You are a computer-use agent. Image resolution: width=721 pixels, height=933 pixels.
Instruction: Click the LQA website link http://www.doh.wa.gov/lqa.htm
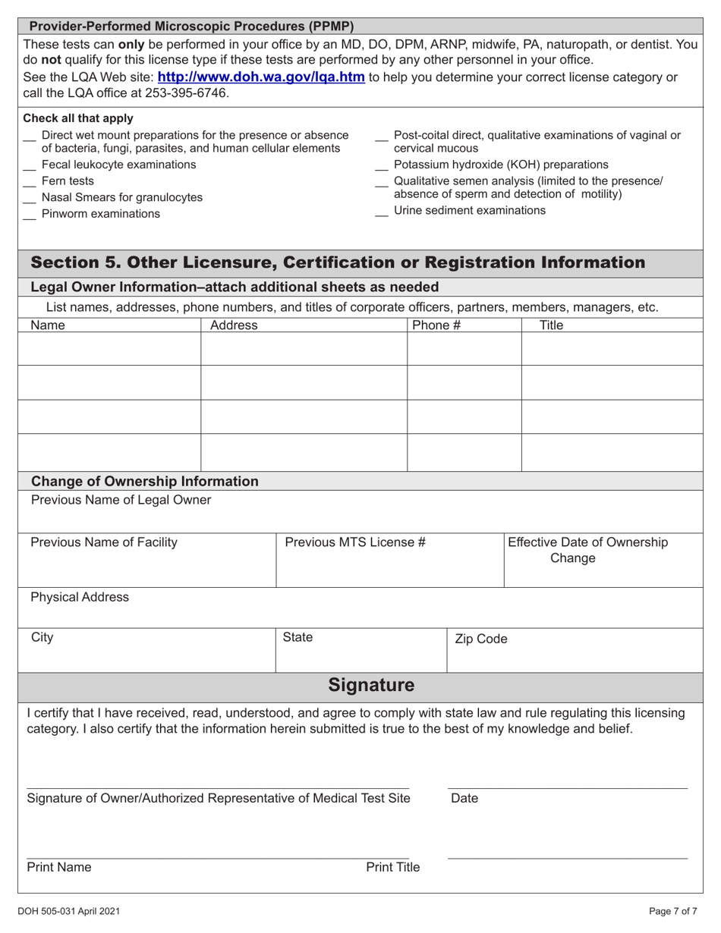[x=260, y=77]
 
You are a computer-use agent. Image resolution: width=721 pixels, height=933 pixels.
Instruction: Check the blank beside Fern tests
[x=30, y=182]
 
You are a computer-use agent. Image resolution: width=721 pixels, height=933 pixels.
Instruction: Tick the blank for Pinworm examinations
[x=30, y=215]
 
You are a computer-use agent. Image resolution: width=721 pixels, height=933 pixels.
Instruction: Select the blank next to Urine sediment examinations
[x=382, y=212]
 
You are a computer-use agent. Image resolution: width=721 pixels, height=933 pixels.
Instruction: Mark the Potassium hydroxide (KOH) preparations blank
[x=382, y=165]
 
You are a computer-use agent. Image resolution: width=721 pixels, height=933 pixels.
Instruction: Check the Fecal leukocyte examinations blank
[x=30, y=165]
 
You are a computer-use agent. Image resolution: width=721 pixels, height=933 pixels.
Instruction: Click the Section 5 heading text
[x=338, y=262]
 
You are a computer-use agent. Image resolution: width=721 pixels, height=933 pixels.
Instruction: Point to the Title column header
[x=551, y=325]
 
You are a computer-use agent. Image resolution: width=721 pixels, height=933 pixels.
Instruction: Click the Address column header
[x=234, y=325]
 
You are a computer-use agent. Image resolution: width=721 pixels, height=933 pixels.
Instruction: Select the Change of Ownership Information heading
[x=144, y=482]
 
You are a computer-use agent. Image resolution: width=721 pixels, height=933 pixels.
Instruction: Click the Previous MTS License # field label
[x=354, y=542]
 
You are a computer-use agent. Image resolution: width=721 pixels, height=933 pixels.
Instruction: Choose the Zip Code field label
[x=480, y=639]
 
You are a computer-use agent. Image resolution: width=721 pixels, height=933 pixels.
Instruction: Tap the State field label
[x=298, y=638]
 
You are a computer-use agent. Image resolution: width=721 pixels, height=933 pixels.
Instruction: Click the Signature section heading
[x=371, y=686]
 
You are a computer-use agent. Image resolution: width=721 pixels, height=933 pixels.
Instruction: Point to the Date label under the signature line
[x=464, y=798]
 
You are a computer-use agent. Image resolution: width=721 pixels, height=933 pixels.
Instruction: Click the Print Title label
[x=392, y=868]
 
